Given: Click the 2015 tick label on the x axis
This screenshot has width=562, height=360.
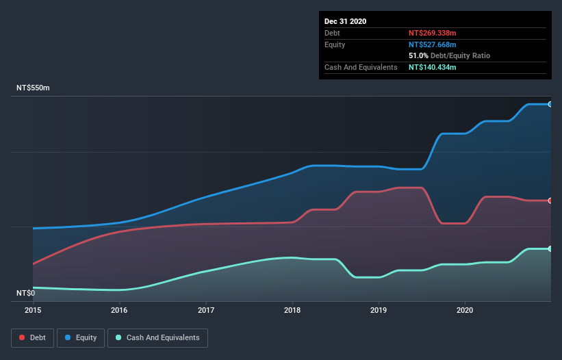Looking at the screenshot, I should pos(33,311).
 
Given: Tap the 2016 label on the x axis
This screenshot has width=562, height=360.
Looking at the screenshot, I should pos(119,311).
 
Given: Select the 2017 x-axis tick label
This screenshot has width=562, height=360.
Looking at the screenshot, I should pos(206,311).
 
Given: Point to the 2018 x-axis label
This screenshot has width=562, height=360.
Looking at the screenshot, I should pos(292,311).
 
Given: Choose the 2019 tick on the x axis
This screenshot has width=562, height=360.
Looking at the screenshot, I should pos(379,311).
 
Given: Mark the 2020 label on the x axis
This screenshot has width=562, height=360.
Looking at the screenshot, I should pos(465,311).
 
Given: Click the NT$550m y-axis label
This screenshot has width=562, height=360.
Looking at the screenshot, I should pos(34,88).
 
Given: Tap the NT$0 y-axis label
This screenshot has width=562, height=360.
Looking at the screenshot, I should pos(26,293).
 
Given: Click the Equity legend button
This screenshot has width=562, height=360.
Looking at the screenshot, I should pos(81,337).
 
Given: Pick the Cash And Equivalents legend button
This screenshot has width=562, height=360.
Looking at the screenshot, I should pos(157,337).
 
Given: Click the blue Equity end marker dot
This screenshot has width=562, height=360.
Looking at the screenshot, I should pos(550,104).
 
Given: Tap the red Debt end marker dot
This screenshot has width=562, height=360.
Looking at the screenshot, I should pos(550,201).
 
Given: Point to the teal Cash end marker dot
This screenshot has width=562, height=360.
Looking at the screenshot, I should pos(550,248).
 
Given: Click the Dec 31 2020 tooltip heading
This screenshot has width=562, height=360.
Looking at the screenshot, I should pos(345,21).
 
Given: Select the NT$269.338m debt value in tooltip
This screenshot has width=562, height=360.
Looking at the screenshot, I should pos(433,33).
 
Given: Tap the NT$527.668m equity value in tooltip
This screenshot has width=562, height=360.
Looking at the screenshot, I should pos(433,44).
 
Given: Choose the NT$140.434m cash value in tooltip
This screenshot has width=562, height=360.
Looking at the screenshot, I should pos(433,67).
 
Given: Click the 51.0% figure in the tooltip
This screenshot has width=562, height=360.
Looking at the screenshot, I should pos(418,55).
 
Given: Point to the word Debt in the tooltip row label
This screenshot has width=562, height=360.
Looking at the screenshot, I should pos(332,33).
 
